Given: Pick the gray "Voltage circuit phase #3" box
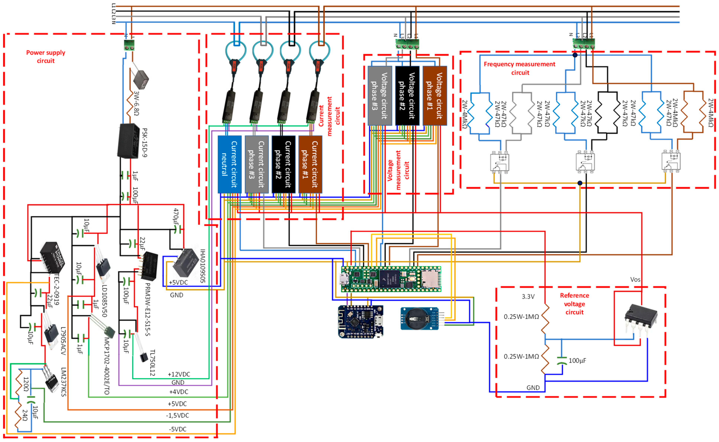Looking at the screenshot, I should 379,96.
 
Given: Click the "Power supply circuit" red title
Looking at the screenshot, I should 46,57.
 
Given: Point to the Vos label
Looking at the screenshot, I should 635,279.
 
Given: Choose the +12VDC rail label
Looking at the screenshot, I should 179,374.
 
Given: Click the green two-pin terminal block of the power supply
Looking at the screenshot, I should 129,45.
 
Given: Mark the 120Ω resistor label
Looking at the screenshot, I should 26,384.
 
